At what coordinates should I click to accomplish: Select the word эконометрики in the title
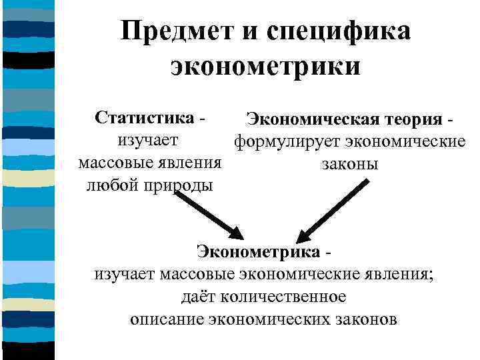click(265, 66)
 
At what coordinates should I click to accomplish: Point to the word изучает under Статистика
click(147, 141)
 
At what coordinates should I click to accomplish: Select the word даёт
click(198, 296)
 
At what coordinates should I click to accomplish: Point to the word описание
click(166, 318)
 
